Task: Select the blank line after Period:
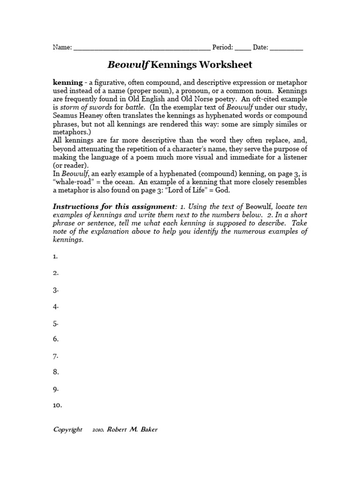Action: coord(242,48)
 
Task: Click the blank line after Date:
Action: coord(286,48)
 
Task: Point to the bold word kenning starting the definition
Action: coord(67,82)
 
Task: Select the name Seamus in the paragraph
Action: coord(66,115)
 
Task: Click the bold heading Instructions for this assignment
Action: coord(112,207)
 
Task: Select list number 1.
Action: coord(55,256)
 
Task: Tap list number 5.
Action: coord(55,323)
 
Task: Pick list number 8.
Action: coord(55,372)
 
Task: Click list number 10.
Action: coord(57,405)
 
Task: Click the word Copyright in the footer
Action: coord(67,430)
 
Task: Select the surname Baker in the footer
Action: coord(148,430)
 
